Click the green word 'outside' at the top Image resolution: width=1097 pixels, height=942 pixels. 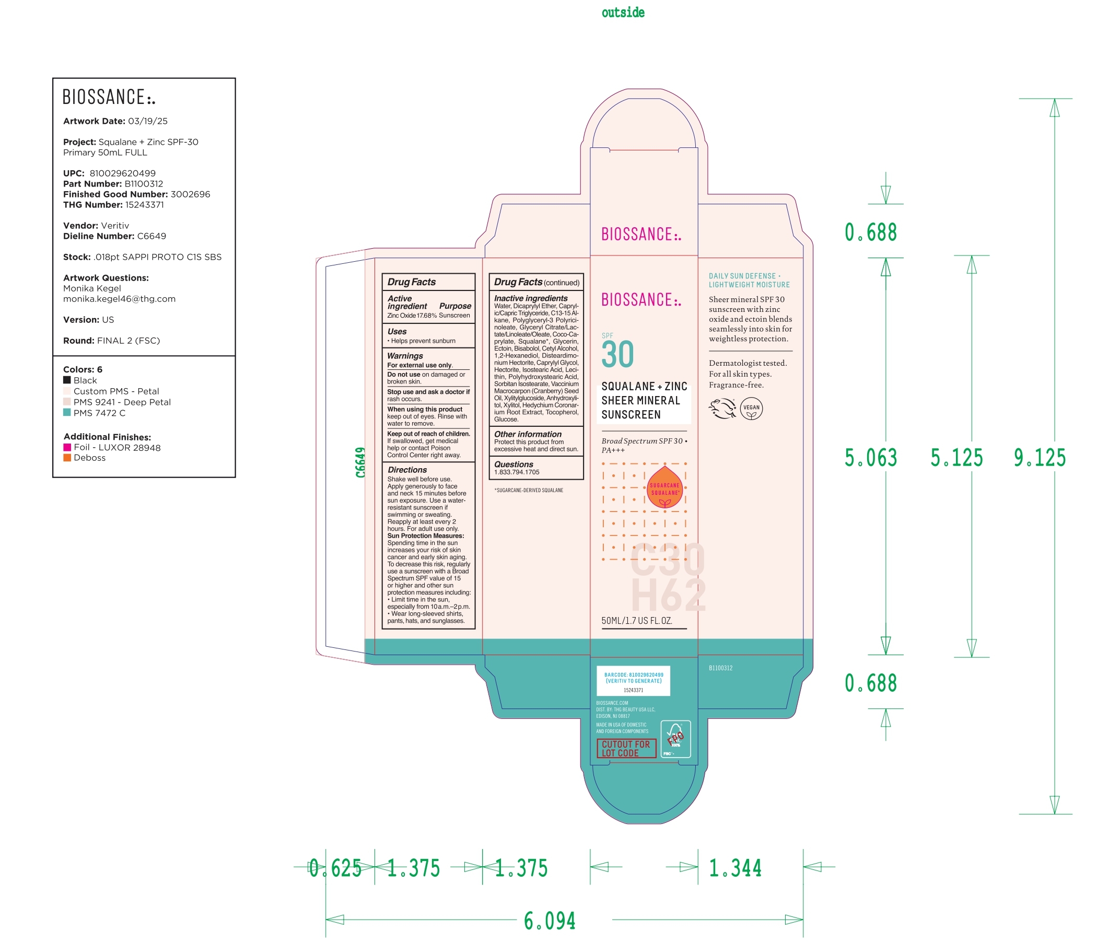623,13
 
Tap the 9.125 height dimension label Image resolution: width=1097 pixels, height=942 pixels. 1040,458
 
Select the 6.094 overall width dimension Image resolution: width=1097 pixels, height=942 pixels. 550,921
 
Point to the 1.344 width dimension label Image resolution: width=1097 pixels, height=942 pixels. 735,868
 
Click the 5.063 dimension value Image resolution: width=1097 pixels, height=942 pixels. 870,458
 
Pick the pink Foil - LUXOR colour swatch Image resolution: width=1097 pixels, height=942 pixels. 67,447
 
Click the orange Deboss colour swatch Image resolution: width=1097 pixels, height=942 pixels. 67,458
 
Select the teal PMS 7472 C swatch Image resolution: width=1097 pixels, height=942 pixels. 67,413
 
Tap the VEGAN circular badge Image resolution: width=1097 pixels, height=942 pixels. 751,408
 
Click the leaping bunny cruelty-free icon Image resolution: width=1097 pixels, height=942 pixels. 722,408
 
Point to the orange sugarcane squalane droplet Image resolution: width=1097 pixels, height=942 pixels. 664,487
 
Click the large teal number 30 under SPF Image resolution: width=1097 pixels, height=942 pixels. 617,355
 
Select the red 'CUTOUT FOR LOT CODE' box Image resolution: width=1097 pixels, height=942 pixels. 626,748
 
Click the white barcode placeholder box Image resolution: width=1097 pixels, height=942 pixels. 633,681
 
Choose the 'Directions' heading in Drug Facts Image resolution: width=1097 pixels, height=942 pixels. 407,470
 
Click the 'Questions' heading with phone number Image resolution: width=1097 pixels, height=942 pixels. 514,464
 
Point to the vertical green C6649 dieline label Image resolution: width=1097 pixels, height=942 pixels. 360,462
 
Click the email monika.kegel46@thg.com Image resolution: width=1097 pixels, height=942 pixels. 119,299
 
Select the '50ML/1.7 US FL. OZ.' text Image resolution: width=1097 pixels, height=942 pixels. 637,621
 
